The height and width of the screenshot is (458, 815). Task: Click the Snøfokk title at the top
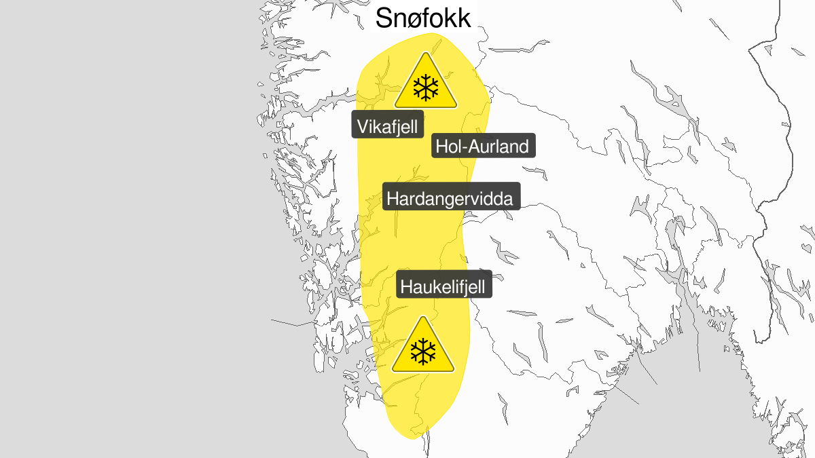coord(422,18)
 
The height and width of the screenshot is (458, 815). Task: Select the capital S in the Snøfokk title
coord(385,18)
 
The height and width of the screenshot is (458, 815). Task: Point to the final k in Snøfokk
coord(463,18)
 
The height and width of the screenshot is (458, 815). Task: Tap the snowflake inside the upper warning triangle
coord(426,88)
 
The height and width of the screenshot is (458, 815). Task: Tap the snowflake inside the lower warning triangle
coord(423,351)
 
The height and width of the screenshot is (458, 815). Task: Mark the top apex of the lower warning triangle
coord(423,318)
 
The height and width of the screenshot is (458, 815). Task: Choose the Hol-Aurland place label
coord(484,146)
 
